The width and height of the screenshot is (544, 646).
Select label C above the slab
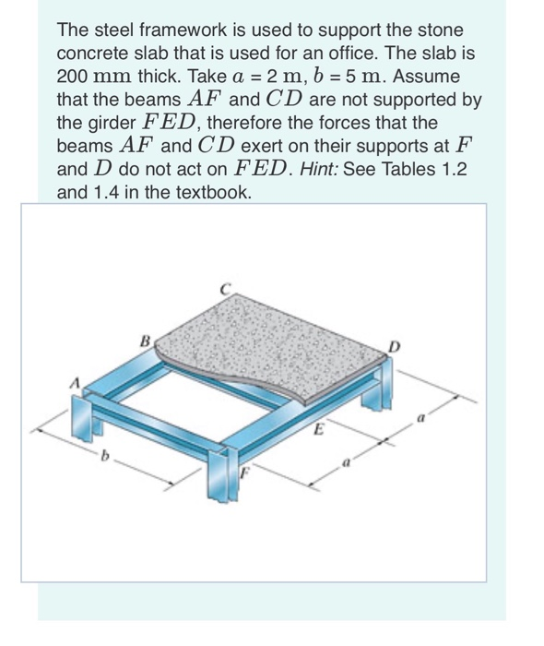tap(224, 287)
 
